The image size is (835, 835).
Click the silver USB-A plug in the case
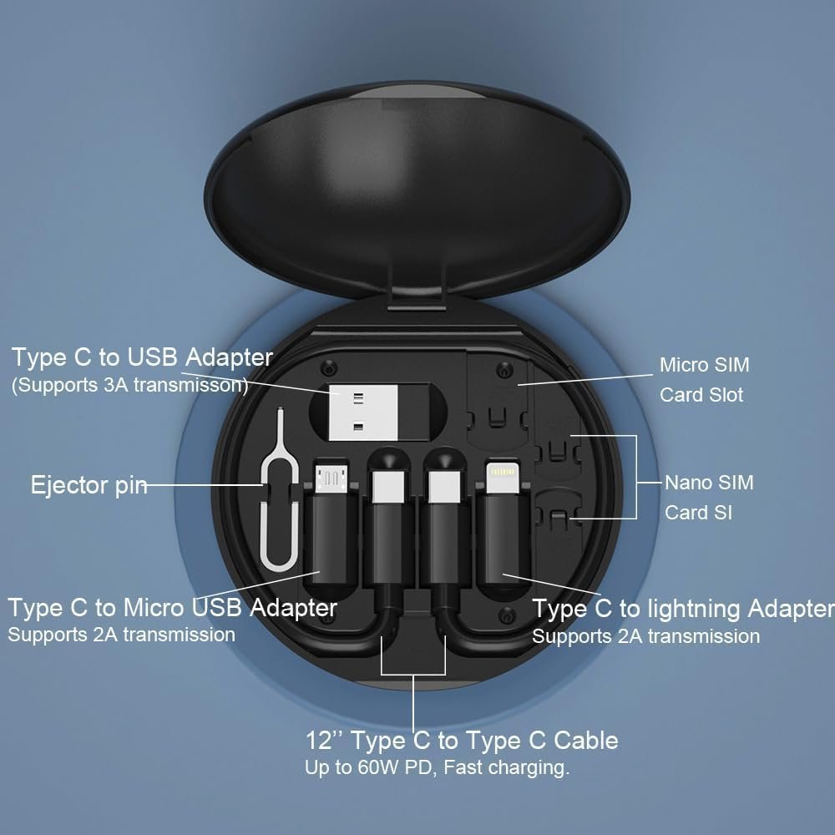[x=357, y=413]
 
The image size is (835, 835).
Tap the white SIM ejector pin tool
[x=276, y=501]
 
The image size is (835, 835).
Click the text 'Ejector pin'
[x=89, y=485]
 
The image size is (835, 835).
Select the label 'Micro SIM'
[x=704, y=365]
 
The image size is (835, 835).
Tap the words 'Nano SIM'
[x=709, y=483]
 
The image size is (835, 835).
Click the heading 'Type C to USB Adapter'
[x=142, y=357]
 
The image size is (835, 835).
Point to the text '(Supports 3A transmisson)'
[x=129, y=385]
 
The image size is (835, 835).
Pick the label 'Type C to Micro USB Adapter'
[x=172, y=607]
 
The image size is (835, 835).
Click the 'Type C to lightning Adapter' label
[x=683, y=609]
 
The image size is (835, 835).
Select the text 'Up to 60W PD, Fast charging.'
[x=437, y=768]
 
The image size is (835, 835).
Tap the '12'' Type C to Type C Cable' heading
[x=462, y=740]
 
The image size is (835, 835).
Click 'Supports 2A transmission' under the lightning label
[x=645, y=636]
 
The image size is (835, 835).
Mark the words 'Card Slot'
[x=701, y=394]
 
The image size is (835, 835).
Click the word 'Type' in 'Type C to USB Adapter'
[x=39, y=357]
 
